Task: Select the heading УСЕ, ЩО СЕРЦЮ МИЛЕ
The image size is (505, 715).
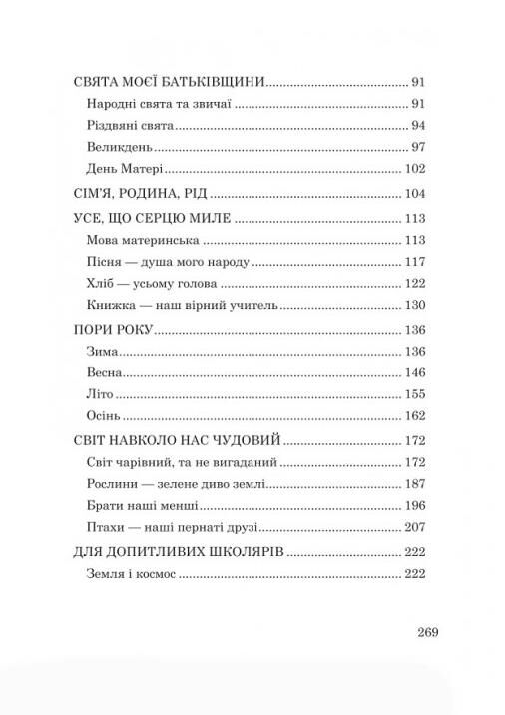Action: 153,219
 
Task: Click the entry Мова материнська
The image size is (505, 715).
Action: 137,241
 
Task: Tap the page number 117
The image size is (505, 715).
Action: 414,262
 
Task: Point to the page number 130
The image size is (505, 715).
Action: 414,306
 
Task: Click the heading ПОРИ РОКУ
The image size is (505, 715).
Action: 113,331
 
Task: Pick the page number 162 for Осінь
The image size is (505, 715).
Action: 414,416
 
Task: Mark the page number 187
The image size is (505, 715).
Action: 414,484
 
